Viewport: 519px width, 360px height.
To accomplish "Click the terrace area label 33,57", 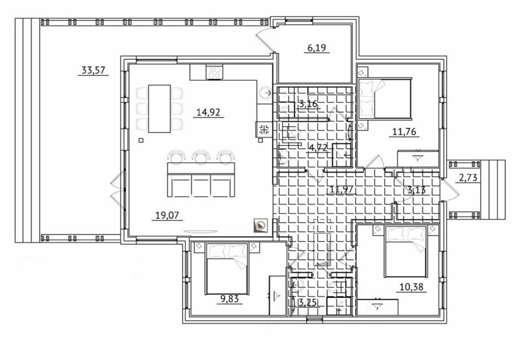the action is [x=93, y=70].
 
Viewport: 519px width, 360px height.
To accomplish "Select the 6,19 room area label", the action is [x=317, y=48].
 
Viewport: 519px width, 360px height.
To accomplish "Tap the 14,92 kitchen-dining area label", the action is [x=208, y=112].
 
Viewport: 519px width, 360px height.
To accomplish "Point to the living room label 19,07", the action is [x=167, y=215].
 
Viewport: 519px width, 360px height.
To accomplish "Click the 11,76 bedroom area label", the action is [x=405, y=132].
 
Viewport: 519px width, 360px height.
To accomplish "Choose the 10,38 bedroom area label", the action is [x=412, y=287].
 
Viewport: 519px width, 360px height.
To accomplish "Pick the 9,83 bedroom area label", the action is [x=229, y=299].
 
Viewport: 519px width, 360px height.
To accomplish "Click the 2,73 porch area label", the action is [x=468, y=178].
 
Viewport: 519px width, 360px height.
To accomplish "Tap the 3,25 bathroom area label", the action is [x=307, y=303].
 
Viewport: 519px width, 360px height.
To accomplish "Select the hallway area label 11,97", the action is [x=341, y=189].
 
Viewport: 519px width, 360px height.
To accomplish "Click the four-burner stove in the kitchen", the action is [x=214, y=72].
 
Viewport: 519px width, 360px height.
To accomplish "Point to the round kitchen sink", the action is [x=265, y=93].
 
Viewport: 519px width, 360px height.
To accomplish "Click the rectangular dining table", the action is [x=159, y=109].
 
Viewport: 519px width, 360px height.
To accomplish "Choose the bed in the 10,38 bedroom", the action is [x=405, y=251].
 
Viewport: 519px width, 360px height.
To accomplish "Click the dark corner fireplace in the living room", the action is [x=261, y=226].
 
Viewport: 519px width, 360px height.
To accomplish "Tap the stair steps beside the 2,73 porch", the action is [x=493, y=190].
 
